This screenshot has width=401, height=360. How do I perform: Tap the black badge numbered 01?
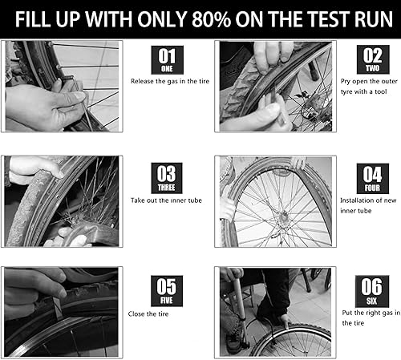point(167,60)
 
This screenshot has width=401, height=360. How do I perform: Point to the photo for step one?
point(61,87)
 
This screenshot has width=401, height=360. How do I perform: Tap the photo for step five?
point(61,311)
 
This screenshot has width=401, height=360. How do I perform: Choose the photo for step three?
point(61,200)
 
